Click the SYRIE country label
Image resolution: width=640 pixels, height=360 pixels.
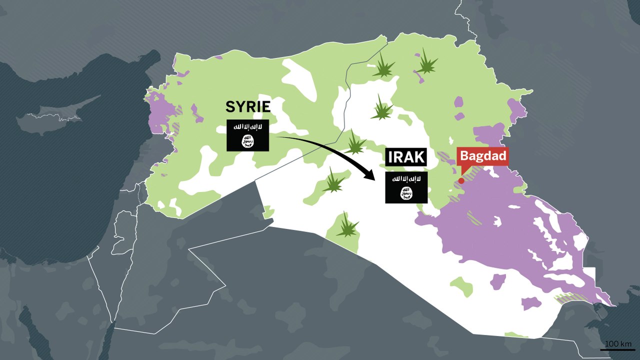[248, 106]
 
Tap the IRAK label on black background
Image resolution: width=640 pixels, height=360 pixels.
[406, 158]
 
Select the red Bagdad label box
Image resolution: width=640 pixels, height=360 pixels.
[483, 155]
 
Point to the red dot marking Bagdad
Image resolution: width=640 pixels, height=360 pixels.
[461, 180]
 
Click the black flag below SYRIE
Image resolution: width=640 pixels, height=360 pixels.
[248, 135]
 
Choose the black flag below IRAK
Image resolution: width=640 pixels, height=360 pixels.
[406, 187]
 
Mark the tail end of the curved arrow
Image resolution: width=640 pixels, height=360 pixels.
[278, 136]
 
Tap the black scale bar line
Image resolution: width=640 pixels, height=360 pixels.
[617, 349]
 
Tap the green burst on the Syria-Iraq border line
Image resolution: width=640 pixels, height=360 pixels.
[355, 143]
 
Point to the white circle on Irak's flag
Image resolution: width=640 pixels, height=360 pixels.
[406, 192]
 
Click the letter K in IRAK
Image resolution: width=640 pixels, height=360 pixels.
[420, 158]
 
